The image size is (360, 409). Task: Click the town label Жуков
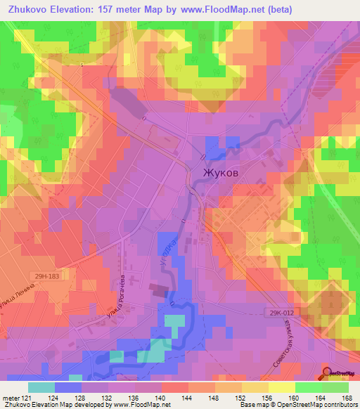pyautogui.click(x=225, y=171)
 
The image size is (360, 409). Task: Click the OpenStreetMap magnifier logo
pyautogui.click(x=328, y=372)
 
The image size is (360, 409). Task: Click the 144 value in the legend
pyautogui.click(x=188, y=397)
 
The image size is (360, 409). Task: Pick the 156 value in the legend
pyautogui.click(x=269, y=397)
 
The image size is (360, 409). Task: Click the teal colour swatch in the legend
pyautogui.click(x=41, y=387)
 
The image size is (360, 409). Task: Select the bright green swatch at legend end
pyautogui.click(x=335, y=387)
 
